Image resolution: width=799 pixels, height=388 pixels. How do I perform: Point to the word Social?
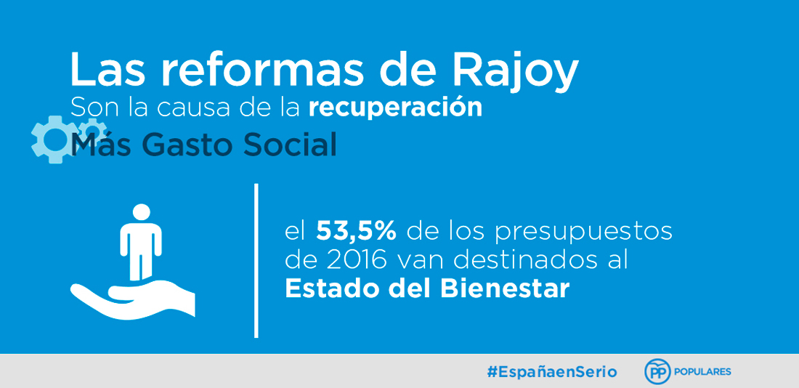(290, 145)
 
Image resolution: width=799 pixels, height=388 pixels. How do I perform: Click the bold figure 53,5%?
(356, 232)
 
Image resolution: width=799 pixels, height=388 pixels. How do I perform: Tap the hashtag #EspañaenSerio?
(552, 372)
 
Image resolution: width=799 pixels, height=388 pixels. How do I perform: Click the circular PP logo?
(657, 372)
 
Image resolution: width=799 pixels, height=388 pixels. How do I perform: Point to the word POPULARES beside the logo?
(702, 372)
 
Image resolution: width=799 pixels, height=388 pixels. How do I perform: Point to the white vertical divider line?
(256, 261)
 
